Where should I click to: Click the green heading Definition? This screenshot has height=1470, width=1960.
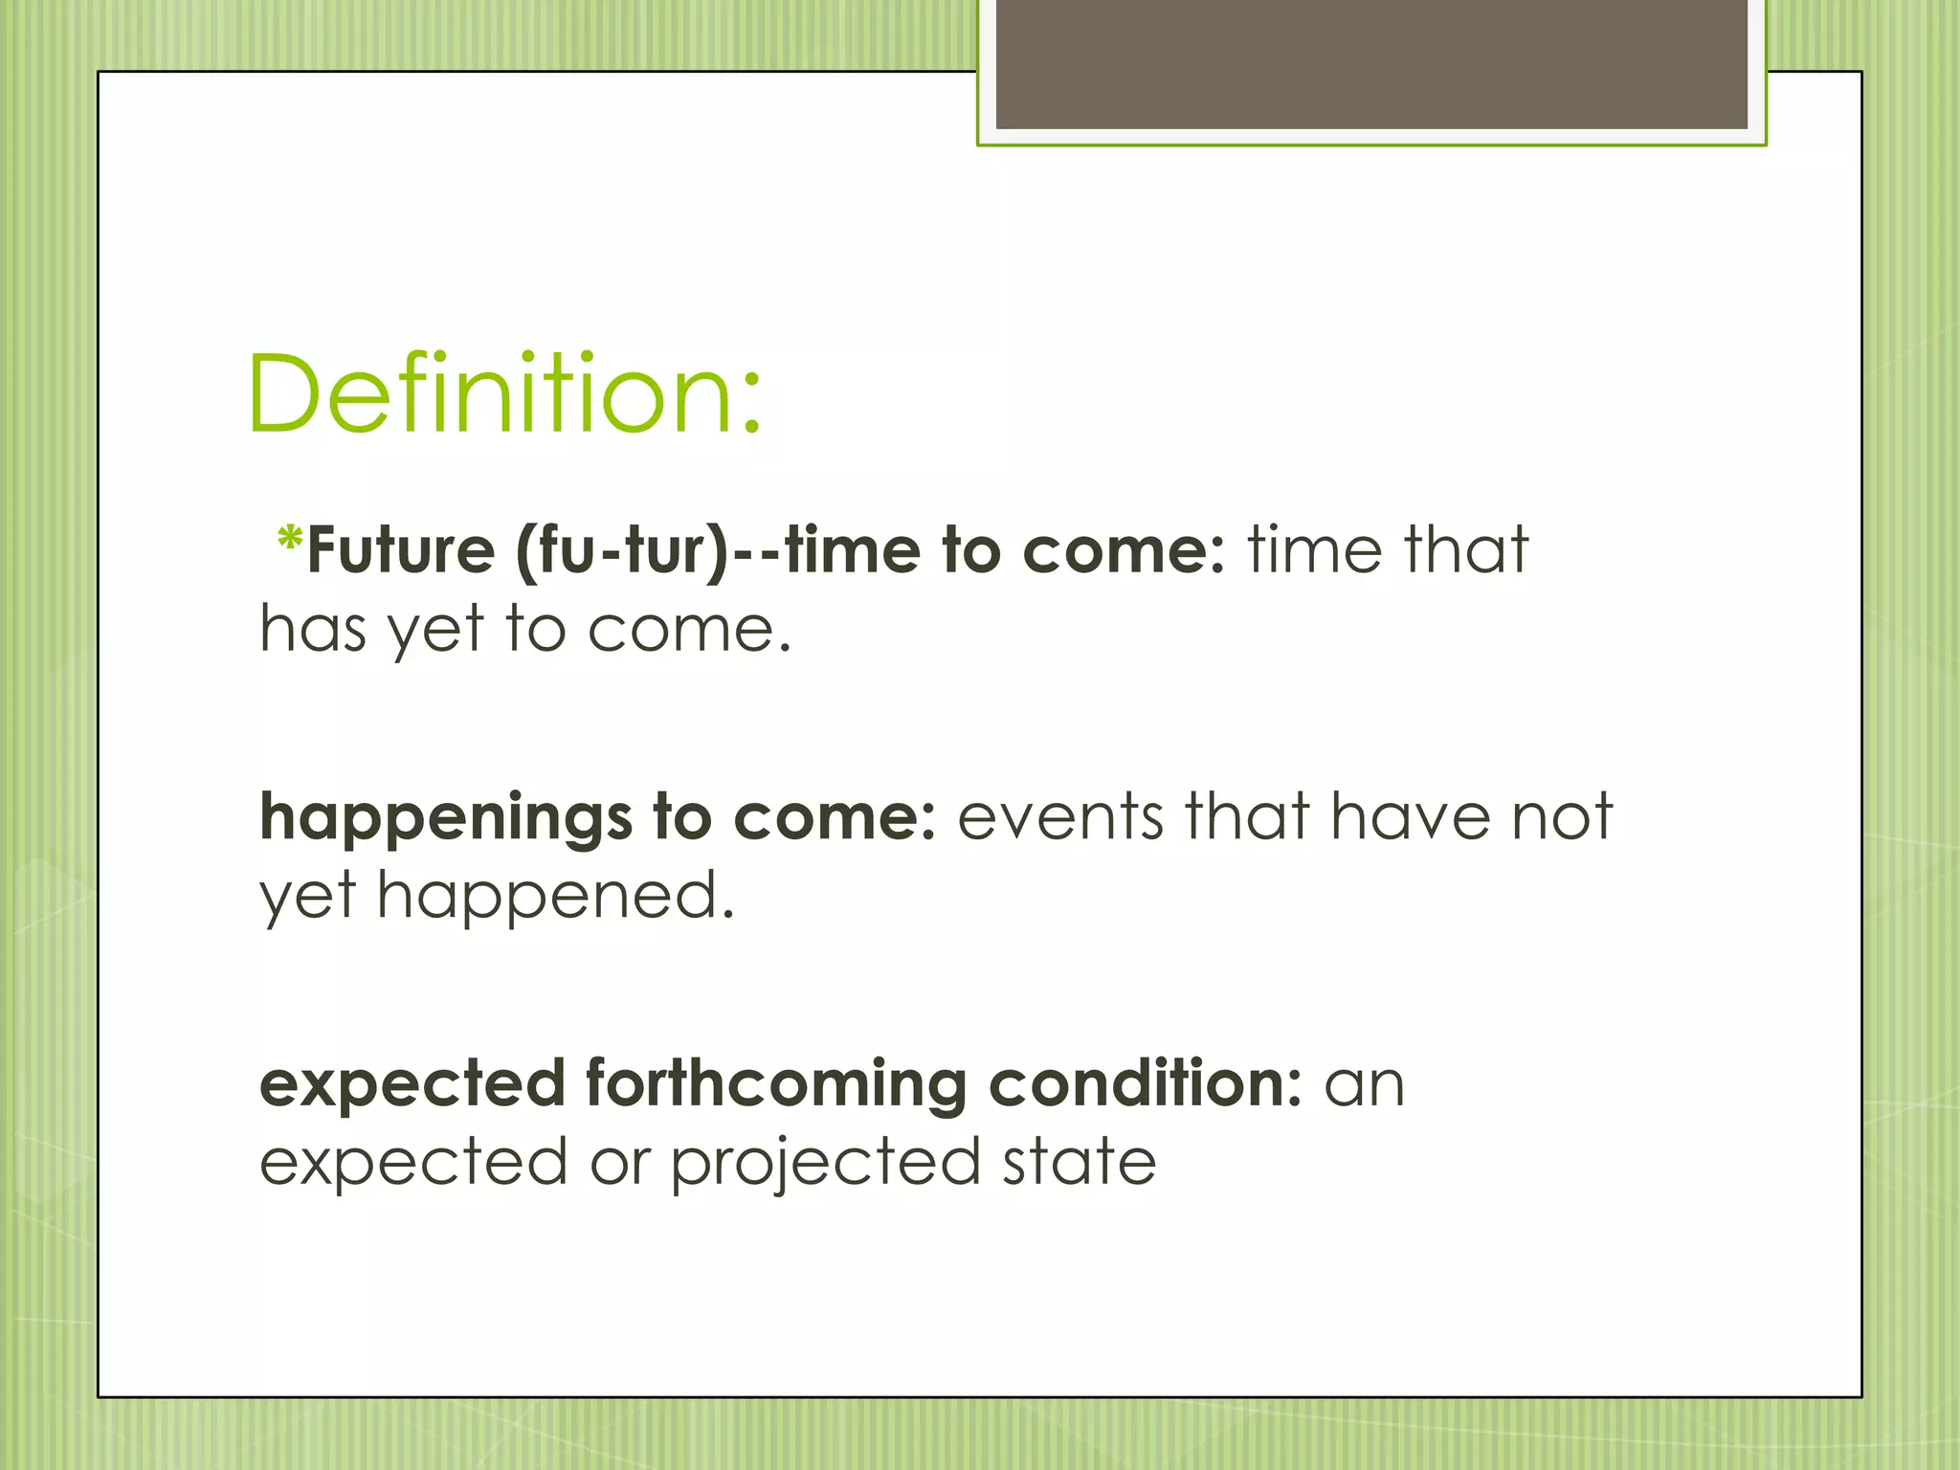504,394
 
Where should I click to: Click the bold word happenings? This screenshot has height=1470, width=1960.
445,819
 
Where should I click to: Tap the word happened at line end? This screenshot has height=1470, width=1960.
555,897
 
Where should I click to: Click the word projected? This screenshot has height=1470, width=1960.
825,1164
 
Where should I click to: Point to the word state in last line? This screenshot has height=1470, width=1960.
1079,1162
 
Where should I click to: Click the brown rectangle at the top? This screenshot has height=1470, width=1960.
1371,63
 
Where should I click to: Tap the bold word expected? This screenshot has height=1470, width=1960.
412,1085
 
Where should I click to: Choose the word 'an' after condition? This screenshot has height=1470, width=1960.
1364,1085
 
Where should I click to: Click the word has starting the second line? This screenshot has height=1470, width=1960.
313,630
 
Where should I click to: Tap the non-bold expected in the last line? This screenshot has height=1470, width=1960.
413,1164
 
